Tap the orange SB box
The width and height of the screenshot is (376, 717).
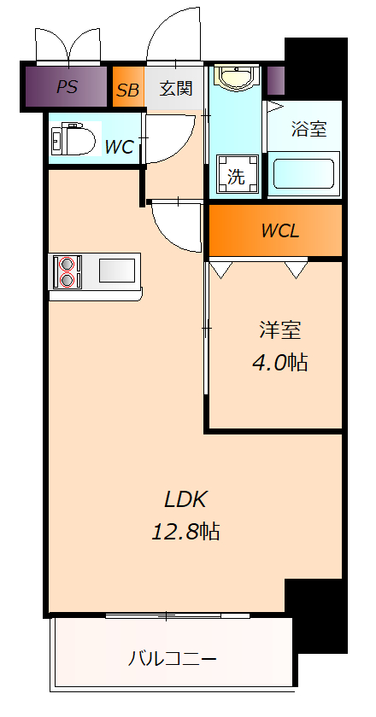click(127, 89)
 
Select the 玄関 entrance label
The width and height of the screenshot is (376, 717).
click(175, 88)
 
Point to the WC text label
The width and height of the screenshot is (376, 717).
click(119, 147)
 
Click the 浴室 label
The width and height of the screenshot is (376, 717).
click(309, 130)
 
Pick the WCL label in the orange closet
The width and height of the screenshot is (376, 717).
click(279, 230)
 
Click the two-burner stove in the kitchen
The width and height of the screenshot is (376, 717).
click(66, 271)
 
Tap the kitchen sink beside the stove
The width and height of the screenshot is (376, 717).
click(116, 271)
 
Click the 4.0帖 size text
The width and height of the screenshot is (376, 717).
click(279, 362)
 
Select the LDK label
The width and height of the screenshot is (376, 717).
click(186, 499)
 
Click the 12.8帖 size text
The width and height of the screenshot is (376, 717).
click(186, 532)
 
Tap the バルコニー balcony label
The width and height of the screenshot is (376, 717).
click(173, 659)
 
